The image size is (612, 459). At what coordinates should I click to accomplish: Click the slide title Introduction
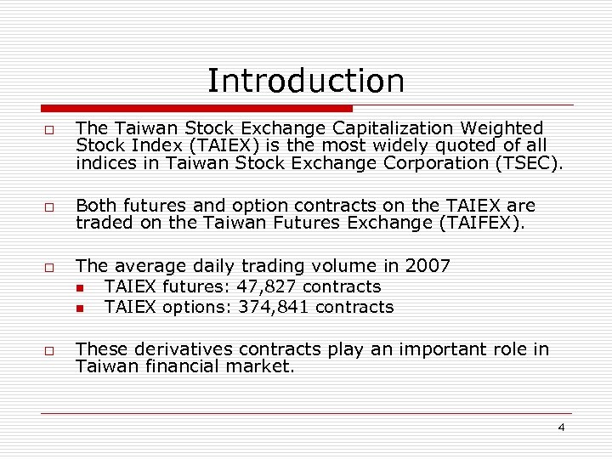[x=306, y=82]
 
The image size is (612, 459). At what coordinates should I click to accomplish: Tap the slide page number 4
[x=561, y=427]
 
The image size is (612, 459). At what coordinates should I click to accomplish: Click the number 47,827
[x=267, y=286]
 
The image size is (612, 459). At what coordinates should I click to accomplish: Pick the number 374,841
[x=274, y=307]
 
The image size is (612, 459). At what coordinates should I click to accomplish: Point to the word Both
[x=95, y=206]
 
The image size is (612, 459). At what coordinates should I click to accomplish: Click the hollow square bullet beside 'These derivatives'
[x=51, y=350]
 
